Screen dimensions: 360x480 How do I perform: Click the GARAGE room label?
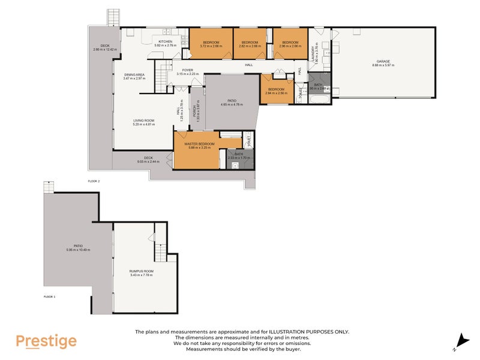point(383,61)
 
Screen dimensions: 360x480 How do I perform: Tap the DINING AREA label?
point(134,75)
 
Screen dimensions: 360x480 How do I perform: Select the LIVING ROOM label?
point(144,121)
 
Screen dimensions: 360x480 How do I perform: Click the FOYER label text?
point(187,70)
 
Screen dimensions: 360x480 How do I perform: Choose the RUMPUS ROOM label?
point(142,271)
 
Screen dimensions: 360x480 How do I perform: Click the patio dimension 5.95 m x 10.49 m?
point(78,250)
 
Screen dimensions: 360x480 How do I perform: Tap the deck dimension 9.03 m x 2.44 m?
point(144,161)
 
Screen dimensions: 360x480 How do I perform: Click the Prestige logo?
point(46,341)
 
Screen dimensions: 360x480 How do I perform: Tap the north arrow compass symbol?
point(462,340)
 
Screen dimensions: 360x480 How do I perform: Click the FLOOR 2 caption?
point(94,181)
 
